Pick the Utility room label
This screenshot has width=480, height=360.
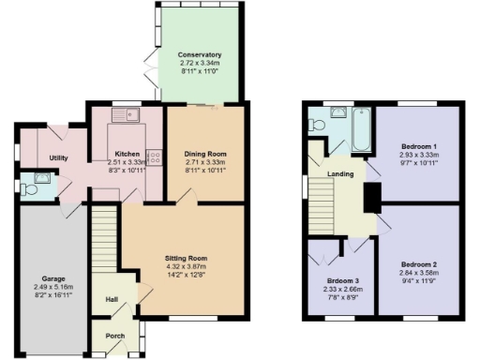click(58, 158)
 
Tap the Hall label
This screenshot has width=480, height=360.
click(112, 300)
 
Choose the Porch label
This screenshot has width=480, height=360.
click(114, 335)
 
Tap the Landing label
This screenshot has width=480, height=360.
click(339, 173)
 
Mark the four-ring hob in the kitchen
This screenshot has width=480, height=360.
click(155, 158)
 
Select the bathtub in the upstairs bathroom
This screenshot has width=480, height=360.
click(361, 128)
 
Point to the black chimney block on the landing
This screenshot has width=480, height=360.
click(371, 195)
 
